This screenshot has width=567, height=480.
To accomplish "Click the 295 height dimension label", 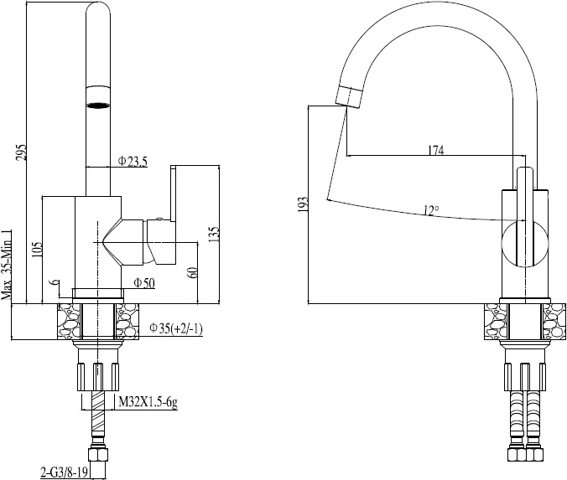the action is tap(22, 152).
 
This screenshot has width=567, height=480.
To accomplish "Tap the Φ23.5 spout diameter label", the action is tap(133, 161).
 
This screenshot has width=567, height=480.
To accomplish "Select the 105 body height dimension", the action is tap(37, 250).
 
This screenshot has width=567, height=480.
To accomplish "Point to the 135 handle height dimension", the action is tap(214, 235).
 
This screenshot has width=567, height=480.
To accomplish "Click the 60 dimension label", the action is tap(192, 272).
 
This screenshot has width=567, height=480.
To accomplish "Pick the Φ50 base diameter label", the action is tap(144, 283).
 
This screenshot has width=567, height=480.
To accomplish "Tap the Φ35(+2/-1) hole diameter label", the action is tap(176, 328).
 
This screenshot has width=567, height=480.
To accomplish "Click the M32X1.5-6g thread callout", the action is tap(148, 401).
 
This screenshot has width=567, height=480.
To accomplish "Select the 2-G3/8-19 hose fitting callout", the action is tap(64, 472).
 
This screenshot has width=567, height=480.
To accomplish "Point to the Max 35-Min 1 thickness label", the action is tap(7, 265).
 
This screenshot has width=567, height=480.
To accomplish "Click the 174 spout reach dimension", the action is tap(436, 150).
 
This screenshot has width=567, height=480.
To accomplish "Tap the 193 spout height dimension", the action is tap(303, 204).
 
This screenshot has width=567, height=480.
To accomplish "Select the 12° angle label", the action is tap(431, 210).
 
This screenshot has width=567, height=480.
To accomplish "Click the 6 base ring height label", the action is tap(55, 282).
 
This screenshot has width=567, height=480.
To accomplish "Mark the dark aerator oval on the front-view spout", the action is tap(98, 105).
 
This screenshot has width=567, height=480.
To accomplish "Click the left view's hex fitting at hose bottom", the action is tap(98, 454).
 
